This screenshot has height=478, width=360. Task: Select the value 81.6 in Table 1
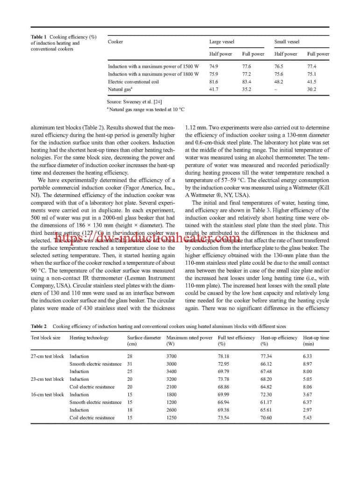(213, 82)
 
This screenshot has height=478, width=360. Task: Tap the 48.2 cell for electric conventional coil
(279, 82)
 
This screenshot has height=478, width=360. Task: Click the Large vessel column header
(222, 42)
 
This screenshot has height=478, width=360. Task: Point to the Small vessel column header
(287, 42)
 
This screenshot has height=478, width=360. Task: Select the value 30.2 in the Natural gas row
(311, 89)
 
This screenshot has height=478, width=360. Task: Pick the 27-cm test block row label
(47, 356)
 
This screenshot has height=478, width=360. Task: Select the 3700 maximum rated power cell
(171, 356)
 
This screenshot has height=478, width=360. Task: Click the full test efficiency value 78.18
(224, 356)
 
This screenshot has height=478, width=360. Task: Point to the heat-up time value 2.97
(307, 410)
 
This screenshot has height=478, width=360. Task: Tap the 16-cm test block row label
(47, 394)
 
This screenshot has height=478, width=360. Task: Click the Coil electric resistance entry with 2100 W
(92, 387)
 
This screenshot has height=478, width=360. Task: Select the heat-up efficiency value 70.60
(266, 418)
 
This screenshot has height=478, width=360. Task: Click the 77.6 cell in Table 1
(246, 66)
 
